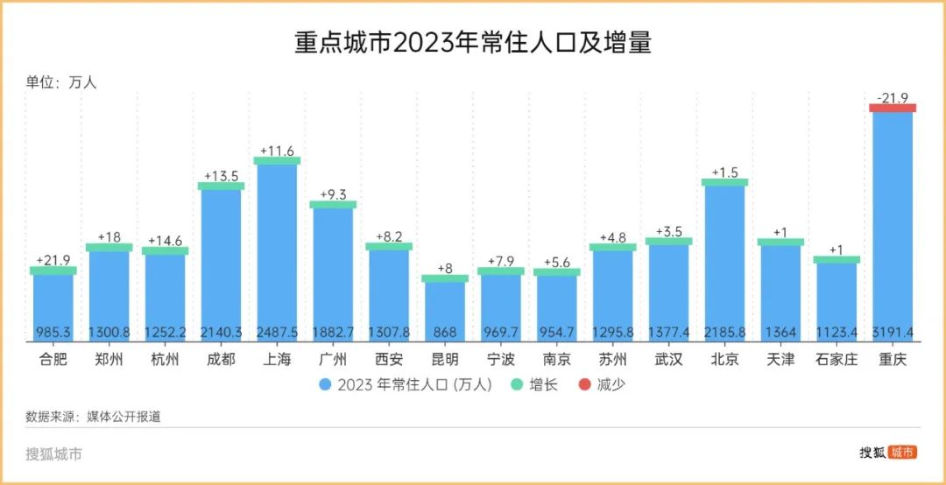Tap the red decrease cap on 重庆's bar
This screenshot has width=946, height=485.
(x=893, y=108)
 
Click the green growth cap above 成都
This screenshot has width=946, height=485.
(x=221, y=186)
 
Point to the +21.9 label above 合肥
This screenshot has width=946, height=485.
(x=53, y=260)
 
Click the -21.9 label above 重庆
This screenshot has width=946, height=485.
(x=893, y=97)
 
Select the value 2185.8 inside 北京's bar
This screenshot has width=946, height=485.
(x=724, y=334)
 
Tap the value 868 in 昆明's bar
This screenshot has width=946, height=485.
(x=445, y=334)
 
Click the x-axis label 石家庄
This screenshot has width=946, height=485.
(x=837, y=359)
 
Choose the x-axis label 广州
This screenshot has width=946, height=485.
(x=333, y=359)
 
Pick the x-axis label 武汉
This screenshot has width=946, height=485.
(x=669, y=359)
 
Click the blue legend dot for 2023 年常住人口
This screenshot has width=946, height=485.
(x=324, y=384)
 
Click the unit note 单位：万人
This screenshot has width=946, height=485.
(x=60, y=82)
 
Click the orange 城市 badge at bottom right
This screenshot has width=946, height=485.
(x=902, y=452)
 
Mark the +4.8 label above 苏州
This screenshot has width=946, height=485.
(x=612, y=237)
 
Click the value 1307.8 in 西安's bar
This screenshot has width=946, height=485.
(x=389, y=334)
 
